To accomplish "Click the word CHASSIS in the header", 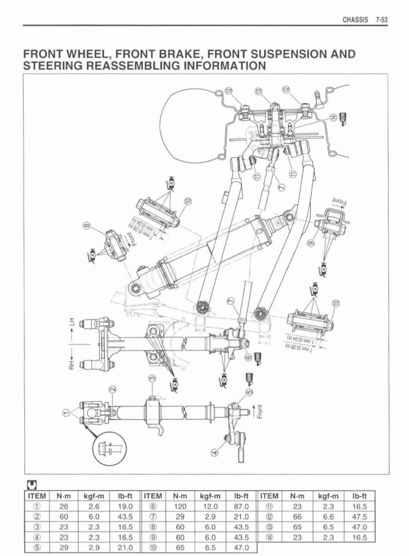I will point(355,19).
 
